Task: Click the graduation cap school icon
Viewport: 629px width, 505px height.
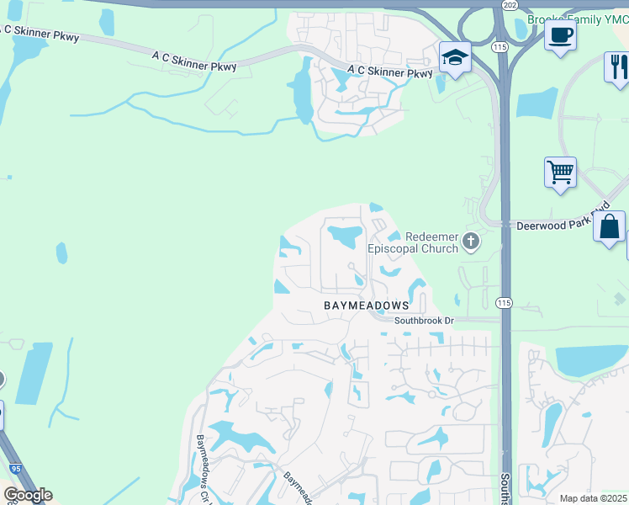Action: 455,58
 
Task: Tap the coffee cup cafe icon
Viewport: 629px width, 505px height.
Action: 560,35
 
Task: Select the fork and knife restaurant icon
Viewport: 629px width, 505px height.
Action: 618,66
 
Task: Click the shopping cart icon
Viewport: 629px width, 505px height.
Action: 560,173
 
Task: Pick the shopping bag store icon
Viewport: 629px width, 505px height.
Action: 609,226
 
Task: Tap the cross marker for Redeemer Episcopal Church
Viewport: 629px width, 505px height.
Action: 471,242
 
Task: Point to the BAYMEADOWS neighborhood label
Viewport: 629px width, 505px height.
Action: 367,306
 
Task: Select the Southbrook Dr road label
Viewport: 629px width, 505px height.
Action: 424,321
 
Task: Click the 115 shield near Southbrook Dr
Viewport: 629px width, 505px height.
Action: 504,304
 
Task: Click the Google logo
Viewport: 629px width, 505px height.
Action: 28,495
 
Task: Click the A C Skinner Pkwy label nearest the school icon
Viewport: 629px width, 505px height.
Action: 396,73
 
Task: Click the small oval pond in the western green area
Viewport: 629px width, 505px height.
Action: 61,252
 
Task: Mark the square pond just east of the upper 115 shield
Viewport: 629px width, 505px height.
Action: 536,103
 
